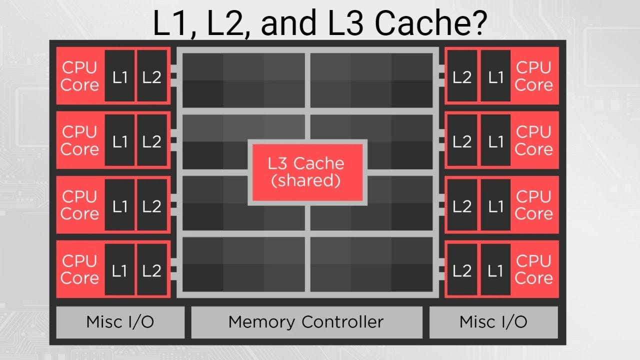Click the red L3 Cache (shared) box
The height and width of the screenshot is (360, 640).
[307, 172]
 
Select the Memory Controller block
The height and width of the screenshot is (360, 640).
[306, 322]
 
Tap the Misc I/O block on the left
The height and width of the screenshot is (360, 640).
[120, 322]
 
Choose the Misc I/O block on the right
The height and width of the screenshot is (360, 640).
[493, 322]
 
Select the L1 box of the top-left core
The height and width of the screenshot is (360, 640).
[119, 76]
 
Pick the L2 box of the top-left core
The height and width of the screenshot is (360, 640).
[151, 76]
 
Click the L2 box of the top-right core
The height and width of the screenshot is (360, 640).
[462, 76]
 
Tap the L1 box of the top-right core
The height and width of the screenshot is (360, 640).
[495, 76]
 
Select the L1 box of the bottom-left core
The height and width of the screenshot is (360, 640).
[119, 270]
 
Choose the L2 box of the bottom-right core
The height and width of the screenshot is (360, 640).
[462, 270]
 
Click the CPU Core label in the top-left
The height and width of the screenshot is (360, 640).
[79, 76]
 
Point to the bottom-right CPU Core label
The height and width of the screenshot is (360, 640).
[533, 270]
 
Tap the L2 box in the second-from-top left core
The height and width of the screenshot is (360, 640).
[151, 141]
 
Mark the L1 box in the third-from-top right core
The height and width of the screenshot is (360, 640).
[495, 205]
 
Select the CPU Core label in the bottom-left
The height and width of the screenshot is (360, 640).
[79, 270]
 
